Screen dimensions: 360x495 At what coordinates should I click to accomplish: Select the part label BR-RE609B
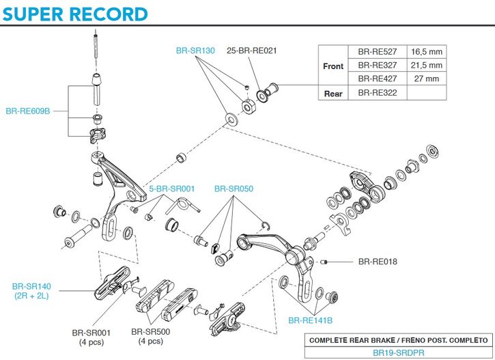tap(29, 110)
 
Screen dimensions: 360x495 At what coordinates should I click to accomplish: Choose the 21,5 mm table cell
tap(426, 66)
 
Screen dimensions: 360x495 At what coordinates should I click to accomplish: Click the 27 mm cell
tap(426, 79)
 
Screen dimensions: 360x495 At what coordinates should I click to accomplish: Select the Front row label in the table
tap(333, 66)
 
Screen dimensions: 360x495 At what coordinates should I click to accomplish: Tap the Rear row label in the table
tap(333, 94)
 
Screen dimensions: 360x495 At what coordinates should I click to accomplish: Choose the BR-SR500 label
tap(150, 333)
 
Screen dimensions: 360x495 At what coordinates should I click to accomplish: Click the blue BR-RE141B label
tap(310, 320)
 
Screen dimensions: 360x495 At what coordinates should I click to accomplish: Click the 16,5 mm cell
tap(426, 52)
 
